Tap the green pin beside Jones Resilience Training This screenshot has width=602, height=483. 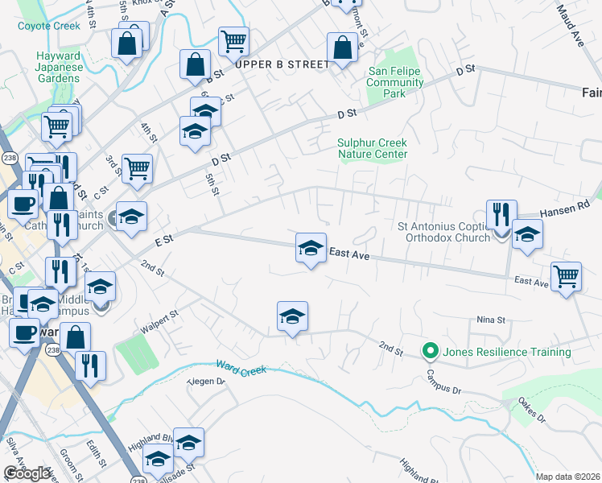pyautogui.click(x=431, y=352)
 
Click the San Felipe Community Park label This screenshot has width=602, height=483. pyautogui.click(x=395, y=82)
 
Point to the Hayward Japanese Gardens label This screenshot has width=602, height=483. pyautogui.click(x=58, y=67)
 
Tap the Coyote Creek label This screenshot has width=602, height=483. pyautogui.click(x=49, y=26)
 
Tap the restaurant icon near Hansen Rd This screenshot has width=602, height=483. pyautogui.click(x=501, y=214)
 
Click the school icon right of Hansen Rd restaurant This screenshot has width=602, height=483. pyautogui.click(x=527, y=234)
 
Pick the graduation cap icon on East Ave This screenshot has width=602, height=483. pyautogui.click(x=311, y=248)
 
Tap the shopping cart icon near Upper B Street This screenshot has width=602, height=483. pyautogui.click(x=233, y=41)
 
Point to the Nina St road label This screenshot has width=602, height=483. pyautogui.click(x=490, y=320)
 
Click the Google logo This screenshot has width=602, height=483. pyautogui.click(x=27, y=474)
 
